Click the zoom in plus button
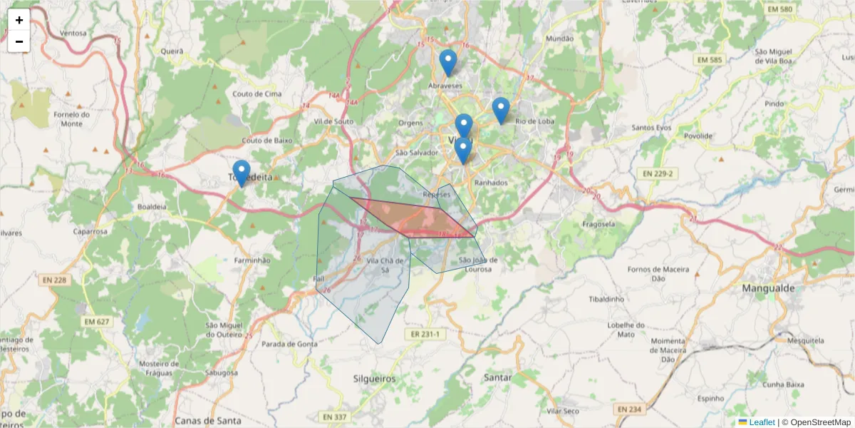19,20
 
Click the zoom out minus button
19,41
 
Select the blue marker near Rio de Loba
501,111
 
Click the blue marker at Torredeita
242,173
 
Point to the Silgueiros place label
374,379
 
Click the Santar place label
497,377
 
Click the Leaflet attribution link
762,422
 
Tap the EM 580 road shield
780,9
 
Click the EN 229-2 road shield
657,173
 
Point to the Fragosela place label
598,223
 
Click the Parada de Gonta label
289,344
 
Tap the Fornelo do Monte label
72,118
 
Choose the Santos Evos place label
652,128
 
